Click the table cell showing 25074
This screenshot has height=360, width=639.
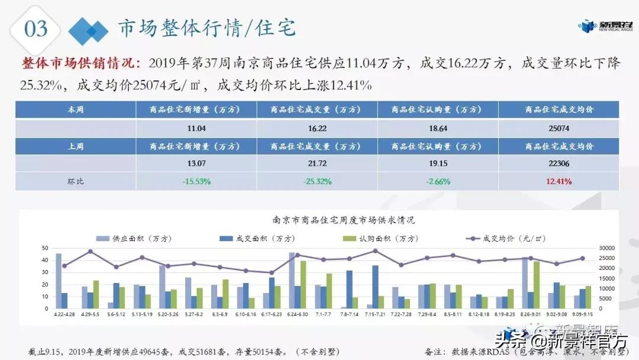(x=559, y=128)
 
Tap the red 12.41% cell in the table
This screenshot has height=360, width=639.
(x=559, y=181)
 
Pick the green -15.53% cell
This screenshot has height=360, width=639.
(x=196, y=181)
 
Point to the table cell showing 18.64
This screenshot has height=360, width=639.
(x=438, y=128)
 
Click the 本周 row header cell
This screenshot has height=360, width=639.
(x=76, y=110)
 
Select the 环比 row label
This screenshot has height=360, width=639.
(x=76, y=181)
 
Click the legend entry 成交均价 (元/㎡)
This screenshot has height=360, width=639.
(x=506, y=238)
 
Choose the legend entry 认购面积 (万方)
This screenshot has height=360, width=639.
(x=376, y=238)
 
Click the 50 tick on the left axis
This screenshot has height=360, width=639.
(x=45, y=248)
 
